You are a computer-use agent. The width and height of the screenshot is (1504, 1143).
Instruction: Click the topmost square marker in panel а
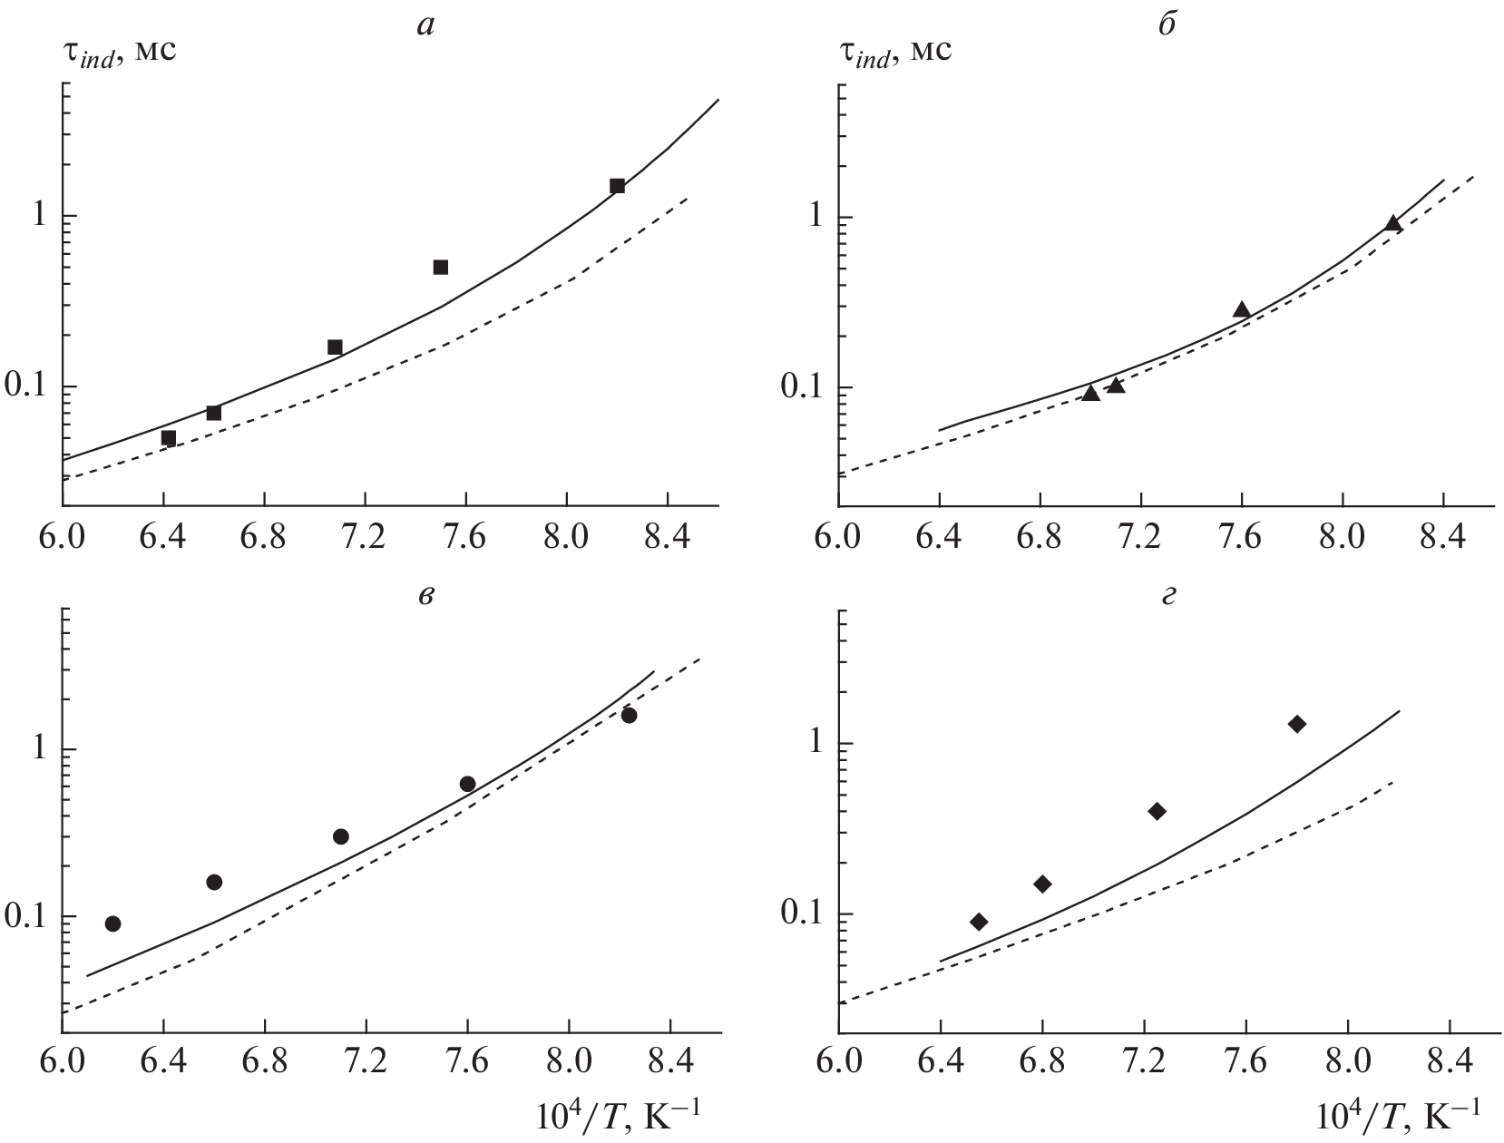tap(617, 186)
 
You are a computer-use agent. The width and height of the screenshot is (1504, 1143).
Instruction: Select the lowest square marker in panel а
tap(168, 438)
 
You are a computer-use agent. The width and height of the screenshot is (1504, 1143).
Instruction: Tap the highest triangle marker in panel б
tap(1392, 223)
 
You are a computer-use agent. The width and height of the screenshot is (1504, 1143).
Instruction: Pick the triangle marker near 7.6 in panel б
tap(1242, 309)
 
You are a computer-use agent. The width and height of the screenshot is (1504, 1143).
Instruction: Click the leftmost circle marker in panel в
tap(112, 923)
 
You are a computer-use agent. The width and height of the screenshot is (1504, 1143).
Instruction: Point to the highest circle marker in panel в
tap(629, 716)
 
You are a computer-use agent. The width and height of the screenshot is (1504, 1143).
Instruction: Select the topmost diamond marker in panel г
tap(1297, 723)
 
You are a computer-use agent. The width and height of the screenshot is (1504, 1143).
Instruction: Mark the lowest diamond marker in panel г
tap(979, 922)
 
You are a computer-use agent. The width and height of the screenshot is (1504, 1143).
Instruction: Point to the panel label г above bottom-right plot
tap(1169, 597)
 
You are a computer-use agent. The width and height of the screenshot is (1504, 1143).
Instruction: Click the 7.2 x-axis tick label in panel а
tap(365, 532)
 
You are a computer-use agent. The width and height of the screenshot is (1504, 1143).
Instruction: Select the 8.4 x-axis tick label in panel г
tap(1448, 1060)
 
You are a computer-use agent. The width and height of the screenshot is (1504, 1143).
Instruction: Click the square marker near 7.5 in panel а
tap(441, 267)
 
